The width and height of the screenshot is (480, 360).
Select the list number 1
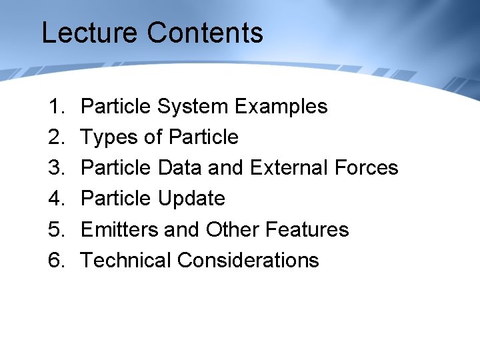55,106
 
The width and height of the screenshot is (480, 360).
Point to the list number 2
55,137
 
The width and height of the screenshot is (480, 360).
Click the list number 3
55,167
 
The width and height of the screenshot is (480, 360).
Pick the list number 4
55,198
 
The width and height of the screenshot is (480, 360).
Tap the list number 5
55,229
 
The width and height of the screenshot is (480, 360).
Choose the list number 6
55,260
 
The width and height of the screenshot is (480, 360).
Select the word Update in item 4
191,199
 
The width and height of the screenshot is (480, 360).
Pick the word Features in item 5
307,229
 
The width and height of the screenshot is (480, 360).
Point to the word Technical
126,260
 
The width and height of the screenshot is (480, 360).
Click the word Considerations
248,260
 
